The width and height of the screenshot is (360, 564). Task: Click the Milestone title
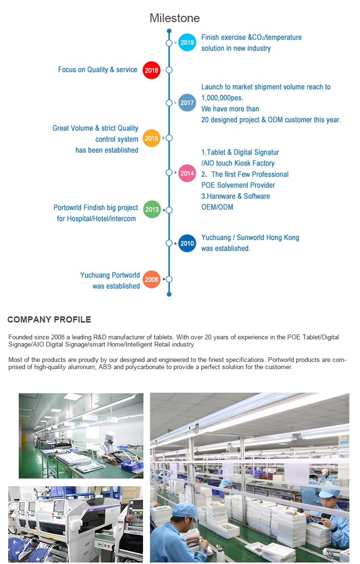(x=174, y=18)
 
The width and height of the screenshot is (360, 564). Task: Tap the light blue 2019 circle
(x=187, y=42)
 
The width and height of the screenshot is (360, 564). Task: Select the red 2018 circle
(x=151, y=70)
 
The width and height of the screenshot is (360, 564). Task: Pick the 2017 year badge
(x=187, y=103)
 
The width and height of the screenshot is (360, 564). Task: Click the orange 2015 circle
(x=151, y=138)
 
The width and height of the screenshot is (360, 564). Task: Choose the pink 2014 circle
(x=187, y=173)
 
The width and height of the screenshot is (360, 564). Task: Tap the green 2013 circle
(x=152, y=209)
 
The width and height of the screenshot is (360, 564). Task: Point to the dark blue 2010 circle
(x=187, y=243)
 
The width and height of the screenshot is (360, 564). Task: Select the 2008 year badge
(x=151, y=279)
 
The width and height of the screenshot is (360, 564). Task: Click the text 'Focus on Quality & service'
(x=97, y=70)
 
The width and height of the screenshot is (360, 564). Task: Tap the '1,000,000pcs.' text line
(x=222, y=98)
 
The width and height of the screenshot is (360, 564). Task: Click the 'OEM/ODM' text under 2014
(x=217, y=207)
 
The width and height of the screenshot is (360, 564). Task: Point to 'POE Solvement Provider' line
(x=238, y=185)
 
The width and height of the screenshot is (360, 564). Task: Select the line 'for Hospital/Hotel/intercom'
(x=96, y=219)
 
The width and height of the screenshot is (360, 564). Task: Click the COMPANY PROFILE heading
(x=49, y=319)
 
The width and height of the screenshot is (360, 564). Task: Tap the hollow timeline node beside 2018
(x=169, y=70)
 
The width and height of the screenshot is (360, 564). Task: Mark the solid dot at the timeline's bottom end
(x=169, y=294)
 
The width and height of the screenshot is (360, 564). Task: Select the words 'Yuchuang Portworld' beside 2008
(x=110, y=275)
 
